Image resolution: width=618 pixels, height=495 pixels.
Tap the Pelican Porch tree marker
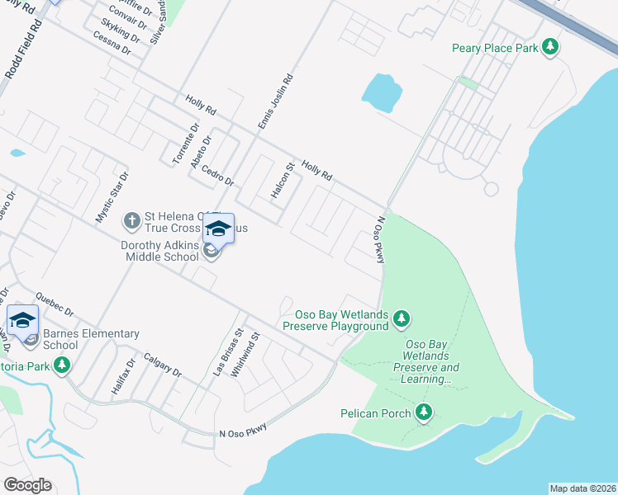point(424,412)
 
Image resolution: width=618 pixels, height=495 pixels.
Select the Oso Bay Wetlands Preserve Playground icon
point(402,318)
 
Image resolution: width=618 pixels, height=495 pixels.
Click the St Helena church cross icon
point(131,220)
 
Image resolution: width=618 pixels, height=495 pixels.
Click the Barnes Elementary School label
point(90,339)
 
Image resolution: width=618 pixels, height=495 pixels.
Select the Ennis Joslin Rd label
point(276,101)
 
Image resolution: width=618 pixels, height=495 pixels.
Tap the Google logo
point(27,485)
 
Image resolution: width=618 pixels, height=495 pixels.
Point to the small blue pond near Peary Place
point(382,92)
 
